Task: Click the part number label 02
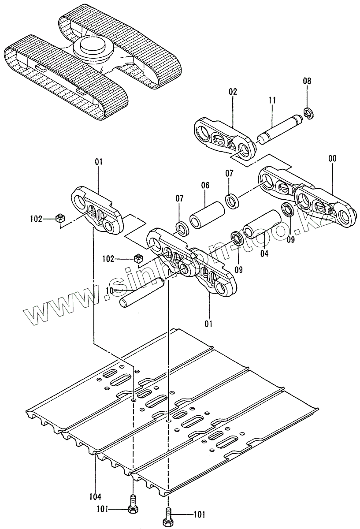(x=233, y=92)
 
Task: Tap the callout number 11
(x=272, y=101)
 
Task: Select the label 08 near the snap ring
(x=307, y=81)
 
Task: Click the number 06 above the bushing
(x=205, y=186)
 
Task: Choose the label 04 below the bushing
(x=264, y=253)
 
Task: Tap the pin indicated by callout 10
(x=141, y=293)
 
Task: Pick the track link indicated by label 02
(x=224, y=137)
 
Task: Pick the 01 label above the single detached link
(x=98, y=162)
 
